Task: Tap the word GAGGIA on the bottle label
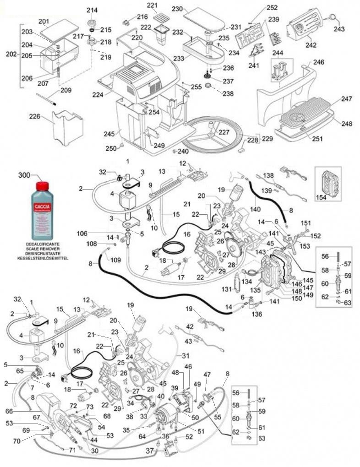[42, 206]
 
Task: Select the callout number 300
[25, 175]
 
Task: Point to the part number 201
[44, 22]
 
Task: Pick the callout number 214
[92, 10]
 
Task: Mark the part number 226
[35, 116]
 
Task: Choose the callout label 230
[177, 9]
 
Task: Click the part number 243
[339, 29]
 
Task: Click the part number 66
[9, 411]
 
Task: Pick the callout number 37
[150, 451]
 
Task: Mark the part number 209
[66, 90]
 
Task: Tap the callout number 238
[228, 94]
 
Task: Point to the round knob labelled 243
[331, 18]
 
